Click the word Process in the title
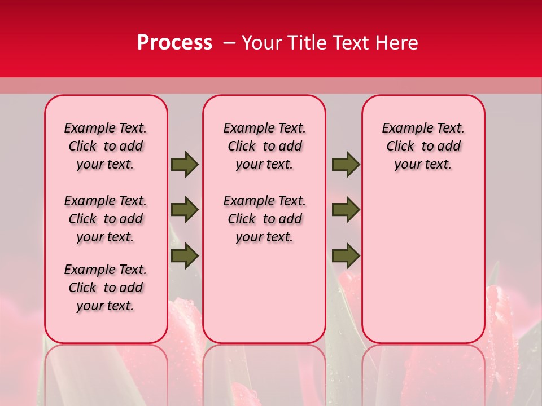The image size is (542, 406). click(x=174, y=43)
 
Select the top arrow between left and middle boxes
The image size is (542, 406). click(x=185, y=165)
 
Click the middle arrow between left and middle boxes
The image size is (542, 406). click(x=185, y=210)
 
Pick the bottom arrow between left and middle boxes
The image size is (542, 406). click(x=185, y=255)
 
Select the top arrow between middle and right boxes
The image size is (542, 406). click(x=346, y=165)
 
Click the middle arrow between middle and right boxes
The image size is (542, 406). click(x=346, y=210)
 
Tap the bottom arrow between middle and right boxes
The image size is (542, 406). click(x=346, y=255)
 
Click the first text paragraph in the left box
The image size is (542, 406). click(x=106, y=146)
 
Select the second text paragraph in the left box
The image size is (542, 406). click(x=106, y=219)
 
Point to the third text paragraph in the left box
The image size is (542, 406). click(x=106, y=288)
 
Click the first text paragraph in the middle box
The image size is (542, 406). click(x=264, y=146)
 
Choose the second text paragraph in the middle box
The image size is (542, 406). click(x=264, y=219)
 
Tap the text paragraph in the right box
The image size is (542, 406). click(x=423, y=146)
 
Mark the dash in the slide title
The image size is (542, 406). click(x=229, y=43)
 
